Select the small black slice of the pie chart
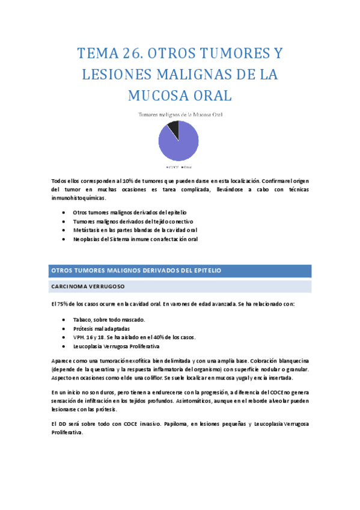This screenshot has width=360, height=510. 173,128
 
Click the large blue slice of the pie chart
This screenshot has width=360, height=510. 178,144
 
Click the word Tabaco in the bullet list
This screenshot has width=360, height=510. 83,320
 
